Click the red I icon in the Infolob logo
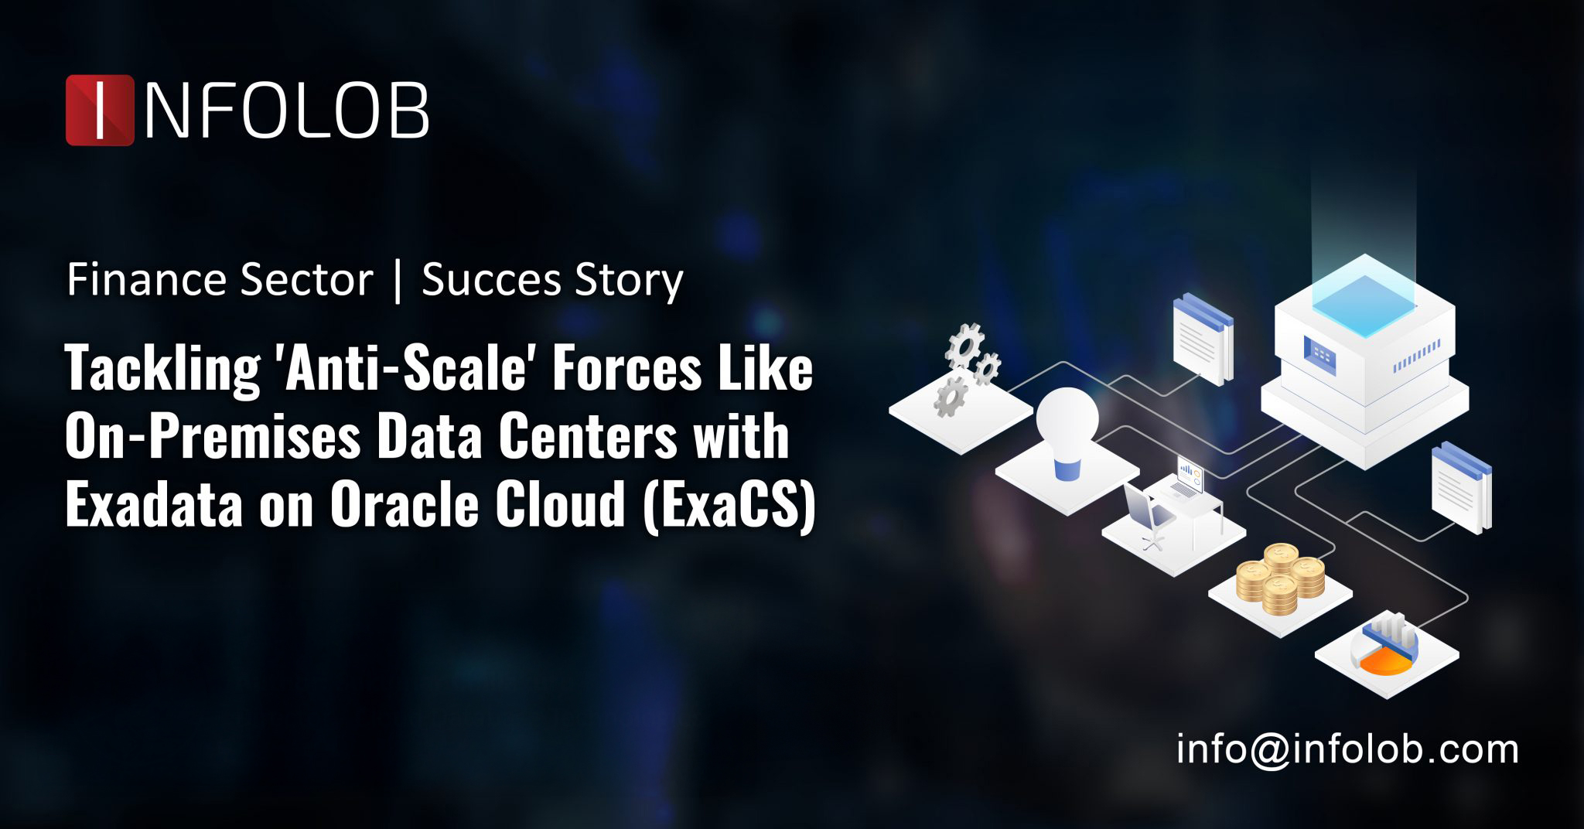point(100,110)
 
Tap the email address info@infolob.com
point(1347,749)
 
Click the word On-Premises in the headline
point(213,437)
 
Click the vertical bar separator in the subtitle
point(398,280)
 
